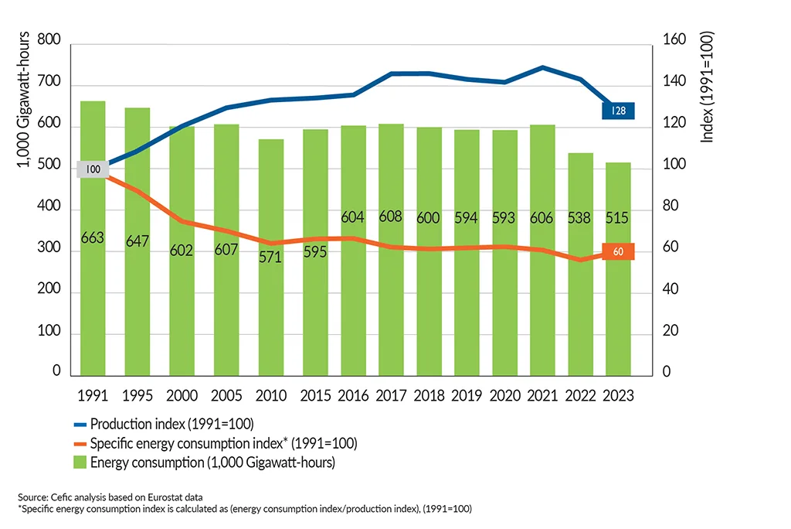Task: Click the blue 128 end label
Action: pos(619,111)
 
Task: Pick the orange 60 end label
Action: pos(618,251)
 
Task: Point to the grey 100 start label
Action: pos(93,169)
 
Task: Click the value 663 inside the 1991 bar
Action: pos(93,238)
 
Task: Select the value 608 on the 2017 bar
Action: pos(390,217)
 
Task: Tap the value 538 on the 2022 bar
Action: pos(581,218)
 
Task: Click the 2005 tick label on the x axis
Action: pos(226,395)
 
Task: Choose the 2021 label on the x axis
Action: pos(541,395)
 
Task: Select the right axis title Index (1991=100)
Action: pos(704,87)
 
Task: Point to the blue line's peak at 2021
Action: pos(543,67)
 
